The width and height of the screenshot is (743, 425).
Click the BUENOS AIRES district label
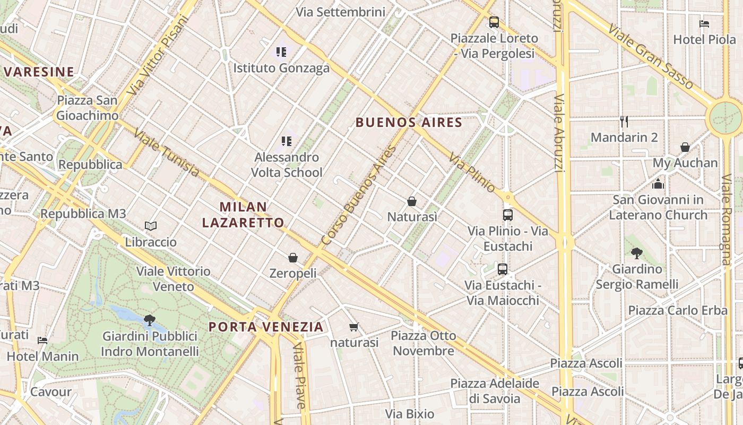(409, 123)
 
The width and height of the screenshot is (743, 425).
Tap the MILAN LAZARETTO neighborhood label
(243, 215)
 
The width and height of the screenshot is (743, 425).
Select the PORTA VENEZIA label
(266, 327)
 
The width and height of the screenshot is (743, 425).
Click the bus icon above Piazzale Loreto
(494, 22)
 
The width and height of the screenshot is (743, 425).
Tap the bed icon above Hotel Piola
(704, 23)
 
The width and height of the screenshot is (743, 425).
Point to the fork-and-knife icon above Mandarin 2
(624, 122)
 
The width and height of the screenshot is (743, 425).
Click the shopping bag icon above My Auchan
(685, 147)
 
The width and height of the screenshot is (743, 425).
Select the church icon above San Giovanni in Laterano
(658, 184)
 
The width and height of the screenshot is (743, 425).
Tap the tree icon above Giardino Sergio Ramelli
(637, 253)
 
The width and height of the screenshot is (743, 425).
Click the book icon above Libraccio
(151, 226)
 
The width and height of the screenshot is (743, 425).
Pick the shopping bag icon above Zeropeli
(292, 258)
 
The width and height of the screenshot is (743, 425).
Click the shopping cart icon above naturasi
(354, 327)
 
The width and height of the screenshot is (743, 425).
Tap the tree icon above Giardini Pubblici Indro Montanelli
(150, 320)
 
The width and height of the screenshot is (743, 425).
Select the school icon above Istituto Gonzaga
(281, 52)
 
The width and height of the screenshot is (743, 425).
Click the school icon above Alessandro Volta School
(287, 141)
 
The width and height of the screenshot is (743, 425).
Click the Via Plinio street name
(472, 172)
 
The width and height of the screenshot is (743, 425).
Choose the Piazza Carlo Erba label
(678, 310)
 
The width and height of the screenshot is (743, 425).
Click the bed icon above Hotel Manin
(42, 341)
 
